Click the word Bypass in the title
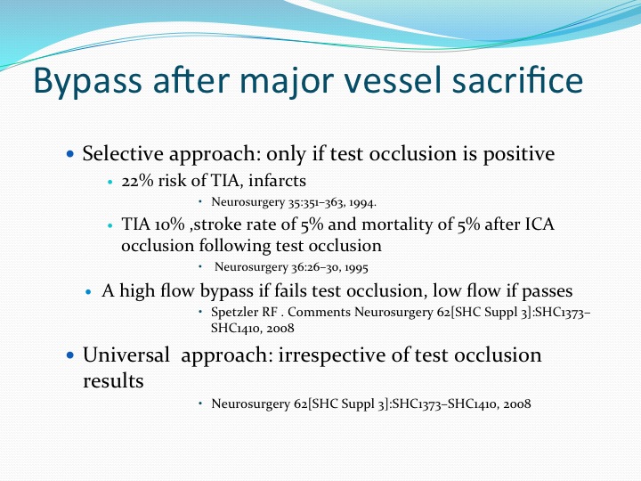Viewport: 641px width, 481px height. click(x=87, y=81)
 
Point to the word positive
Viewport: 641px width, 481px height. click(x=519, y=155)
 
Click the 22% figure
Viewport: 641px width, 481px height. click(x=137, y=180)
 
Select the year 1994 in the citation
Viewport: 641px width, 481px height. click(x=362, y=202)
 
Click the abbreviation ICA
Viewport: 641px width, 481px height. click(x=540, y=224)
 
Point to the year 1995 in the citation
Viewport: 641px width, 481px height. click(x=356, y=267)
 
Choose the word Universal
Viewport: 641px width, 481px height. click(x=126, y=355)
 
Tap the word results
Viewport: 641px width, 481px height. click(x=113, y=381)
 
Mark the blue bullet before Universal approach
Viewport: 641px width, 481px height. click(x=70, y=355)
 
